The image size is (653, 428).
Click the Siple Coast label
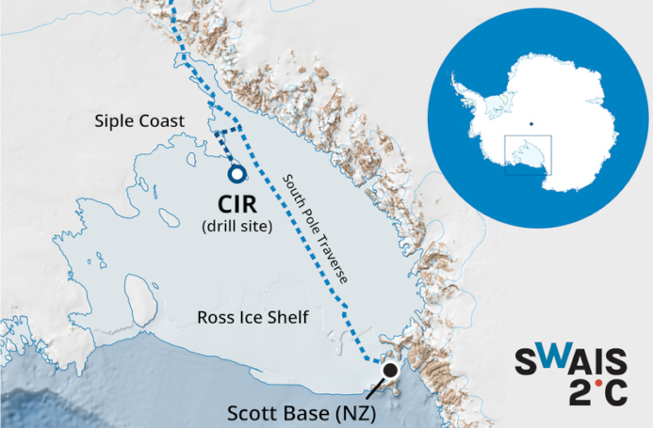point(139,121)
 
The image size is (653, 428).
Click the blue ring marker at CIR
point(236,174)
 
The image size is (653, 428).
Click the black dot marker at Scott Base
point(390,371)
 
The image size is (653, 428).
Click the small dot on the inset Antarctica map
point(531,123)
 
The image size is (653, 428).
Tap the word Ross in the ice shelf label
point(212,316)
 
